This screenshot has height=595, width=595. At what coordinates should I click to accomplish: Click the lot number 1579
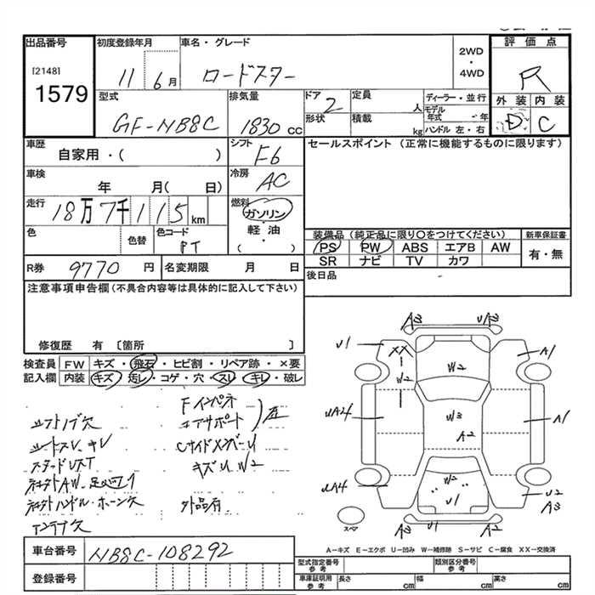click(57, 93)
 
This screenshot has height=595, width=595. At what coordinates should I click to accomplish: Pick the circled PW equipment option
click(371, 246)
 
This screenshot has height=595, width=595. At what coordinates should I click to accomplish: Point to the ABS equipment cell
click(415, 246)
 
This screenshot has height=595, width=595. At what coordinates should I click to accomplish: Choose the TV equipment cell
click(415, 261)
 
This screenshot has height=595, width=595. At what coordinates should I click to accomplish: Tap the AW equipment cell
click(501, 246)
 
